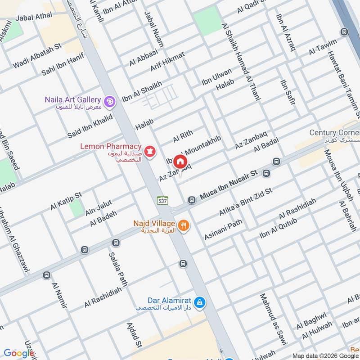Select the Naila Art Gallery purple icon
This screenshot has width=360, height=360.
[109, 103]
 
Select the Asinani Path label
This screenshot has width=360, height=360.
[223, 229]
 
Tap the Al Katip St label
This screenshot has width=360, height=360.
[66, 201]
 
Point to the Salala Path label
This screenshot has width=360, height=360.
[115, 273]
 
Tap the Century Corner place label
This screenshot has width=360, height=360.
[334, 133]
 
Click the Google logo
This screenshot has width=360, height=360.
[19, 353]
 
